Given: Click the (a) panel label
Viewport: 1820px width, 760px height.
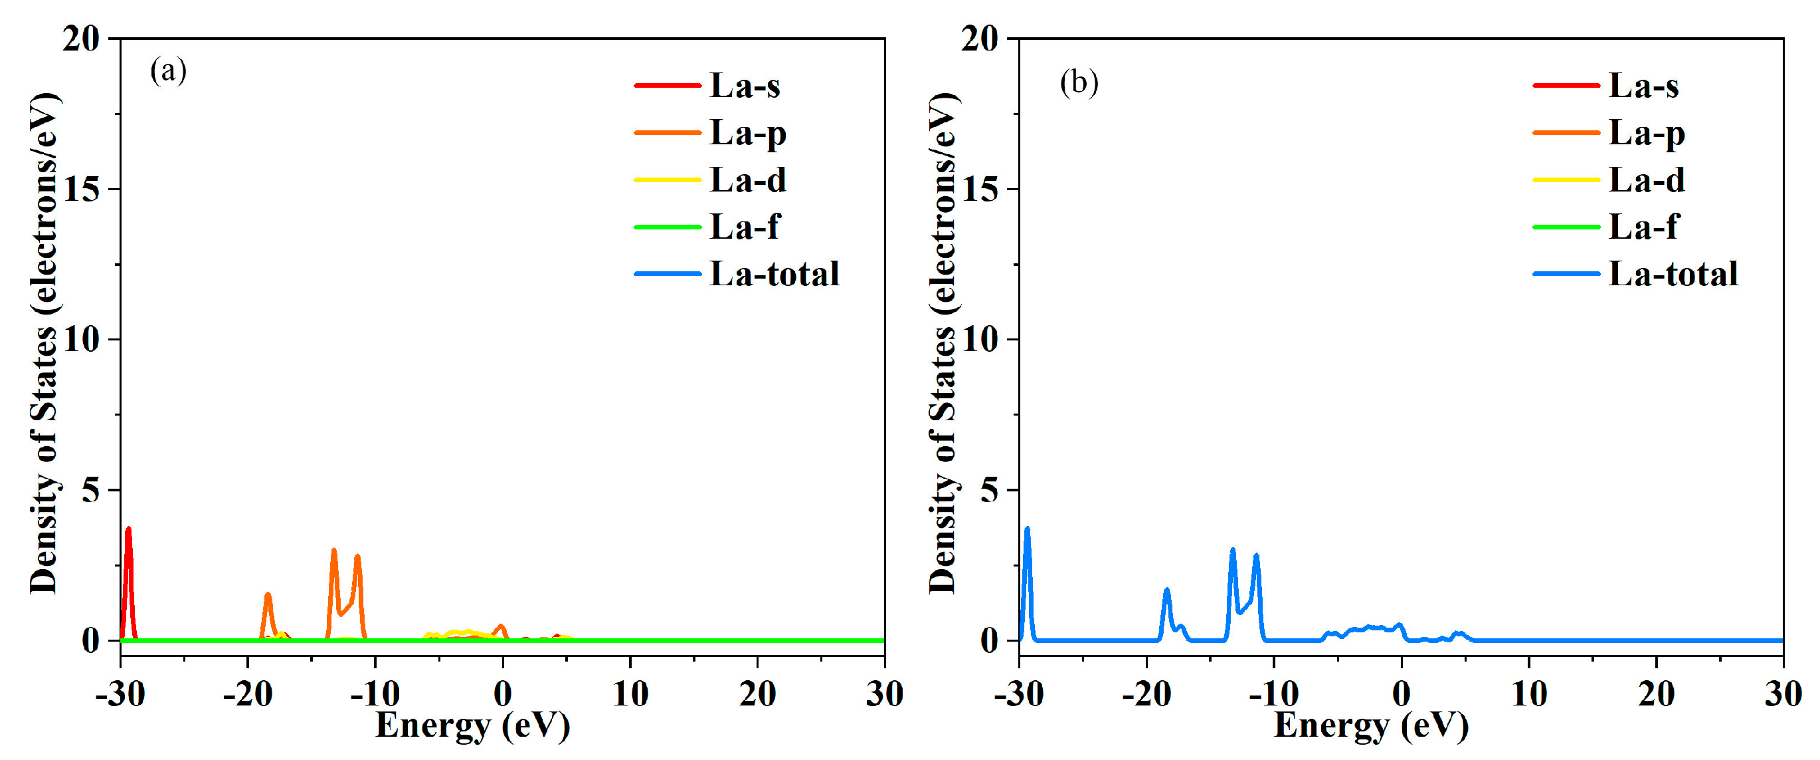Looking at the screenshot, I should coord(168,71).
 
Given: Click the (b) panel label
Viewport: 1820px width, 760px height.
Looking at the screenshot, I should coord(1079,82).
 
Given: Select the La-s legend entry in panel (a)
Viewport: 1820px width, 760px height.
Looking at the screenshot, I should coord(744,86).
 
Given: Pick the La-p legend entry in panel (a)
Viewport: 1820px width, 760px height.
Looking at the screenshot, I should coord(747,133).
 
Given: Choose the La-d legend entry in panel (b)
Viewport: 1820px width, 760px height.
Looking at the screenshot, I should coord(1646,180).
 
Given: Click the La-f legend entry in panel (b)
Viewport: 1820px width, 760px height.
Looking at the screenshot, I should coord(1642,227).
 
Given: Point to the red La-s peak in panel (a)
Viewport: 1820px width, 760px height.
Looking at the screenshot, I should coord(129,530).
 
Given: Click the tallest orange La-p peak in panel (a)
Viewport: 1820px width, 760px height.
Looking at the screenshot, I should coord(333,551).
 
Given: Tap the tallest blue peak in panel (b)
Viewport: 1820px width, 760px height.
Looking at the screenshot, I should coord(1027,529).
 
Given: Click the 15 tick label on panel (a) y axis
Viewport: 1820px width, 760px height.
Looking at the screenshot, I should coord(81,189).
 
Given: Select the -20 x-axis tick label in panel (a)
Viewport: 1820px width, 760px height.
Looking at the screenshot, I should coord(247,694).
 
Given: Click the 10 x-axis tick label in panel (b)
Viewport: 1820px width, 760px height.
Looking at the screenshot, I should coord(1529,694).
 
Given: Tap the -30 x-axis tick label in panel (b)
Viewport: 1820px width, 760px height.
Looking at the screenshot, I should coord(1019,694).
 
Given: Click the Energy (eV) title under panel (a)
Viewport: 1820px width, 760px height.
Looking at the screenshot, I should coord(472,725).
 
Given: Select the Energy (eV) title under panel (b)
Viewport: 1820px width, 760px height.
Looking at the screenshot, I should coord(1371,725).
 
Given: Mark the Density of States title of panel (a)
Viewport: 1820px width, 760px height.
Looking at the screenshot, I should coord(44,343).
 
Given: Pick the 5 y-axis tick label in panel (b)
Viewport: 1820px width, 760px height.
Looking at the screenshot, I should coord(990,490).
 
